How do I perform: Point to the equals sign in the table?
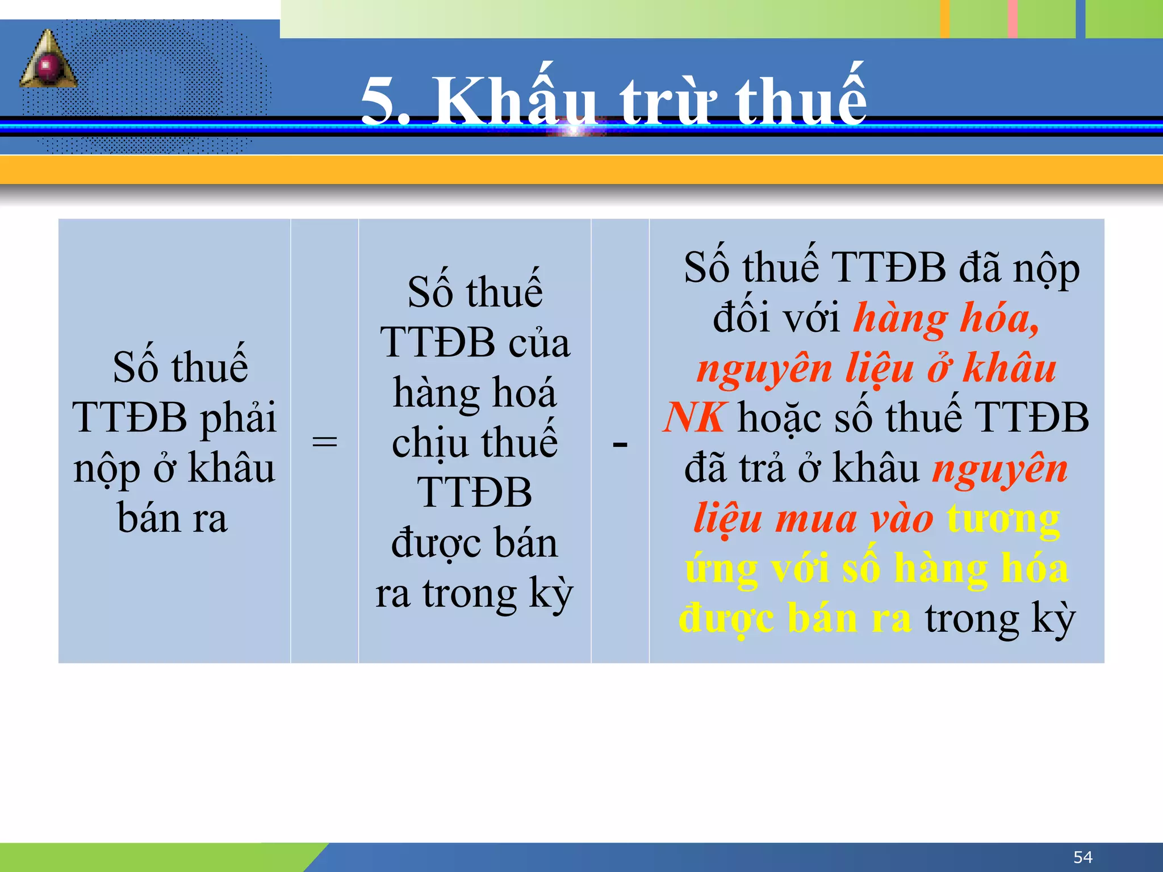(325, 442)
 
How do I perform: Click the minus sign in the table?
(620, 443)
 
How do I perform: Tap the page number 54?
(1082, 857)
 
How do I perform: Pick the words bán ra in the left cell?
(173, 518)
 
